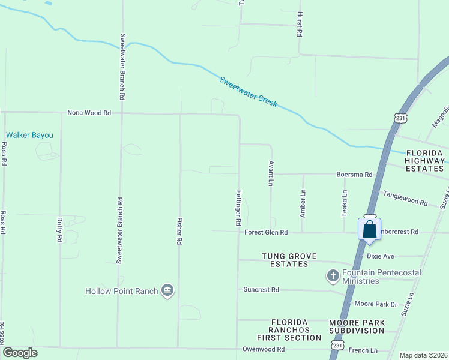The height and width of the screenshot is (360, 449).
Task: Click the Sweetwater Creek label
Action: [x=248, y=92]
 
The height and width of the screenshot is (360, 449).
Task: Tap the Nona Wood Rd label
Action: [x=89, y=112]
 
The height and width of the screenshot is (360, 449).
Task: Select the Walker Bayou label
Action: [x=29, y=135]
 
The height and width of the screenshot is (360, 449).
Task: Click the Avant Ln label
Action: [x=271, y=172]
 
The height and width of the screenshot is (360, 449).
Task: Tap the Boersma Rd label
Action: [x=354, y=175]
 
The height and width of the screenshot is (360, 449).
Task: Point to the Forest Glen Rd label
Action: [x=266, y=232]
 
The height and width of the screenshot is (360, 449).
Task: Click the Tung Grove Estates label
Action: [x=285, y=260]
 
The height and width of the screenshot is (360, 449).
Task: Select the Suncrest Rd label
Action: [x=261, y=290]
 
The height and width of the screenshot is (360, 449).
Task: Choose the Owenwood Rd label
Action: [x=263, y=349]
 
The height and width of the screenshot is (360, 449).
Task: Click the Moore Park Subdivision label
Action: [x=357, y=326]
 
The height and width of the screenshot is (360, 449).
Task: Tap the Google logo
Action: [x=20, y=353]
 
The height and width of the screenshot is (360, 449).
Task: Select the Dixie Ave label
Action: [x=381, y=256]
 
